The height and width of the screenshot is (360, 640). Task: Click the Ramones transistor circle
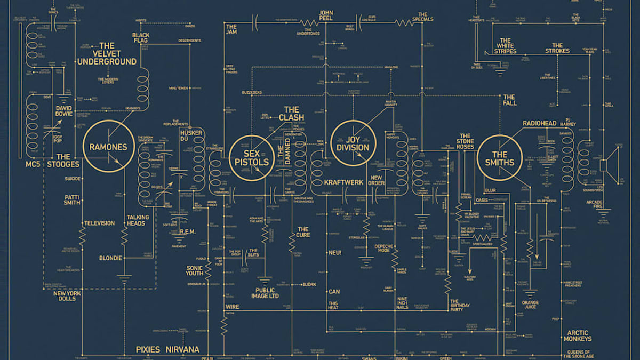(x=108, y=146)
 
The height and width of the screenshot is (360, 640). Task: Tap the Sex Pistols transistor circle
(x=251, y=155)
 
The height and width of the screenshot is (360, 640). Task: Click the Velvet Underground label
(x=107, y=53)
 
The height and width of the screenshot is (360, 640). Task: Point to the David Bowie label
(x=64, y=111)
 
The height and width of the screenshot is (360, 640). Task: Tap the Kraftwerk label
(x=344, y=182)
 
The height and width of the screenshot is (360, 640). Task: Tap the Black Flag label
(x=141, y=38)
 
